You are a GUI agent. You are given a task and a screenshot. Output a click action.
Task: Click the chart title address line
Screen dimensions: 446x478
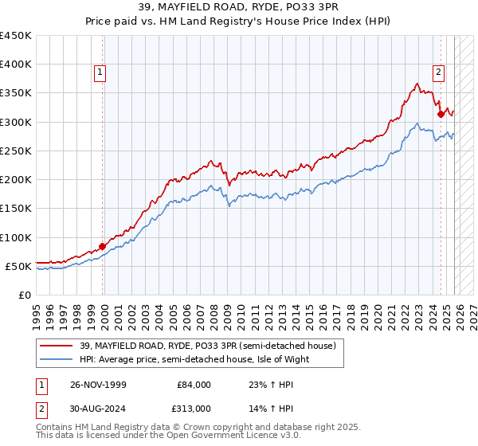click(x=238, y=8)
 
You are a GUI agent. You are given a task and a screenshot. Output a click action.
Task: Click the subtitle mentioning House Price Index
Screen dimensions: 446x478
click(x=238, y=22)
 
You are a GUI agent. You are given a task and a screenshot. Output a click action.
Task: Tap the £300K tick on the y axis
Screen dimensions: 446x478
click(x=16, y=122)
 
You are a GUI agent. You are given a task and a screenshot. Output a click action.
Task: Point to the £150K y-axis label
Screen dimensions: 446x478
click(x=16, y=209)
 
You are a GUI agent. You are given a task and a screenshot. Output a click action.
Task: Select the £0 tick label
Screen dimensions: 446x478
click(x=24, y=295)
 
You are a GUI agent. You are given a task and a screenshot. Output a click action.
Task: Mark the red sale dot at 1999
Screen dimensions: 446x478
click(x=103, y=246)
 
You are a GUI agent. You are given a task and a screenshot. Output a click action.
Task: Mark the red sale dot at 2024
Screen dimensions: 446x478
click(x=441, y=115)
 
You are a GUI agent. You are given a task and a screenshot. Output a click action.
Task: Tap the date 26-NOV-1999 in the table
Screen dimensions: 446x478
click(x=98, y=385)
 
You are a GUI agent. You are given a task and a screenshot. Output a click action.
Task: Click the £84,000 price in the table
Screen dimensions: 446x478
click(x=195, y=385)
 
